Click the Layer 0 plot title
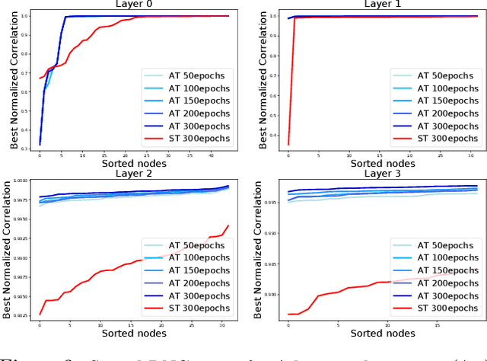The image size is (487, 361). point(132,3)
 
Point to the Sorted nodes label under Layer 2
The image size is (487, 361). point(132,333)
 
